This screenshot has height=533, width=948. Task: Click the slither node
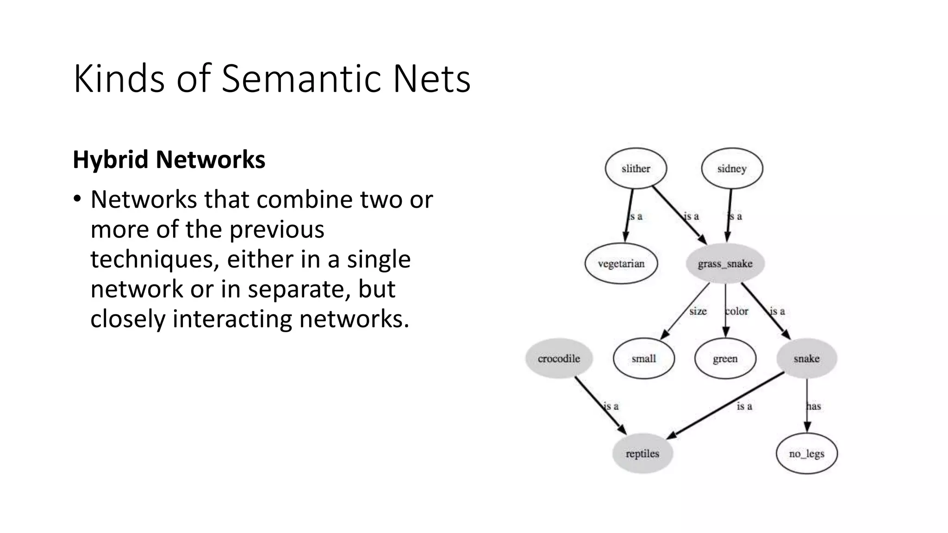click(x=636, y=168)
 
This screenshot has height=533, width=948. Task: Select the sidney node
click(x=732, y=168)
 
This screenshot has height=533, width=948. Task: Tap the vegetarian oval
click(x=621, y=264)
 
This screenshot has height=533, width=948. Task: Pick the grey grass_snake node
click(x=725, y=264)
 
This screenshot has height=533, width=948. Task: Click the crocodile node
click(x=559, y=359)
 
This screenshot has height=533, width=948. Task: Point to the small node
click(x=643, y=359)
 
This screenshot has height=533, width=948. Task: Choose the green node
click(x=725, y=359)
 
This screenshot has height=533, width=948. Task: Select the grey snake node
click(x=806, y=359)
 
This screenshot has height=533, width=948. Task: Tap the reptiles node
click(x=642, y=453)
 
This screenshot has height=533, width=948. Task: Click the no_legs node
click(x=806, y=453)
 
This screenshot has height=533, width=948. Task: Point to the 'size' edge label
click(x=698, y=311)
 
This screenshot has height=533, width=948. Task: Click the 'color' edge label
click(x=736, y=311)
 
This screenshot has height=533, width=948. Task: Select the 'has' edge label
click(x=813, y=406)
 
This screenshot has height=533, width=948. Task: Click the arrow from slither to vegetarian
click(x=629, y=215)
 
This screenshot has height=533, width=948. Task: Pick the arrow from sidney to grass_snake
click(x=729, y=215)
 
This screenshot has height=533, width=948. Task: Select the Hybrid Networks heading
click(x=169, y=160)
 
